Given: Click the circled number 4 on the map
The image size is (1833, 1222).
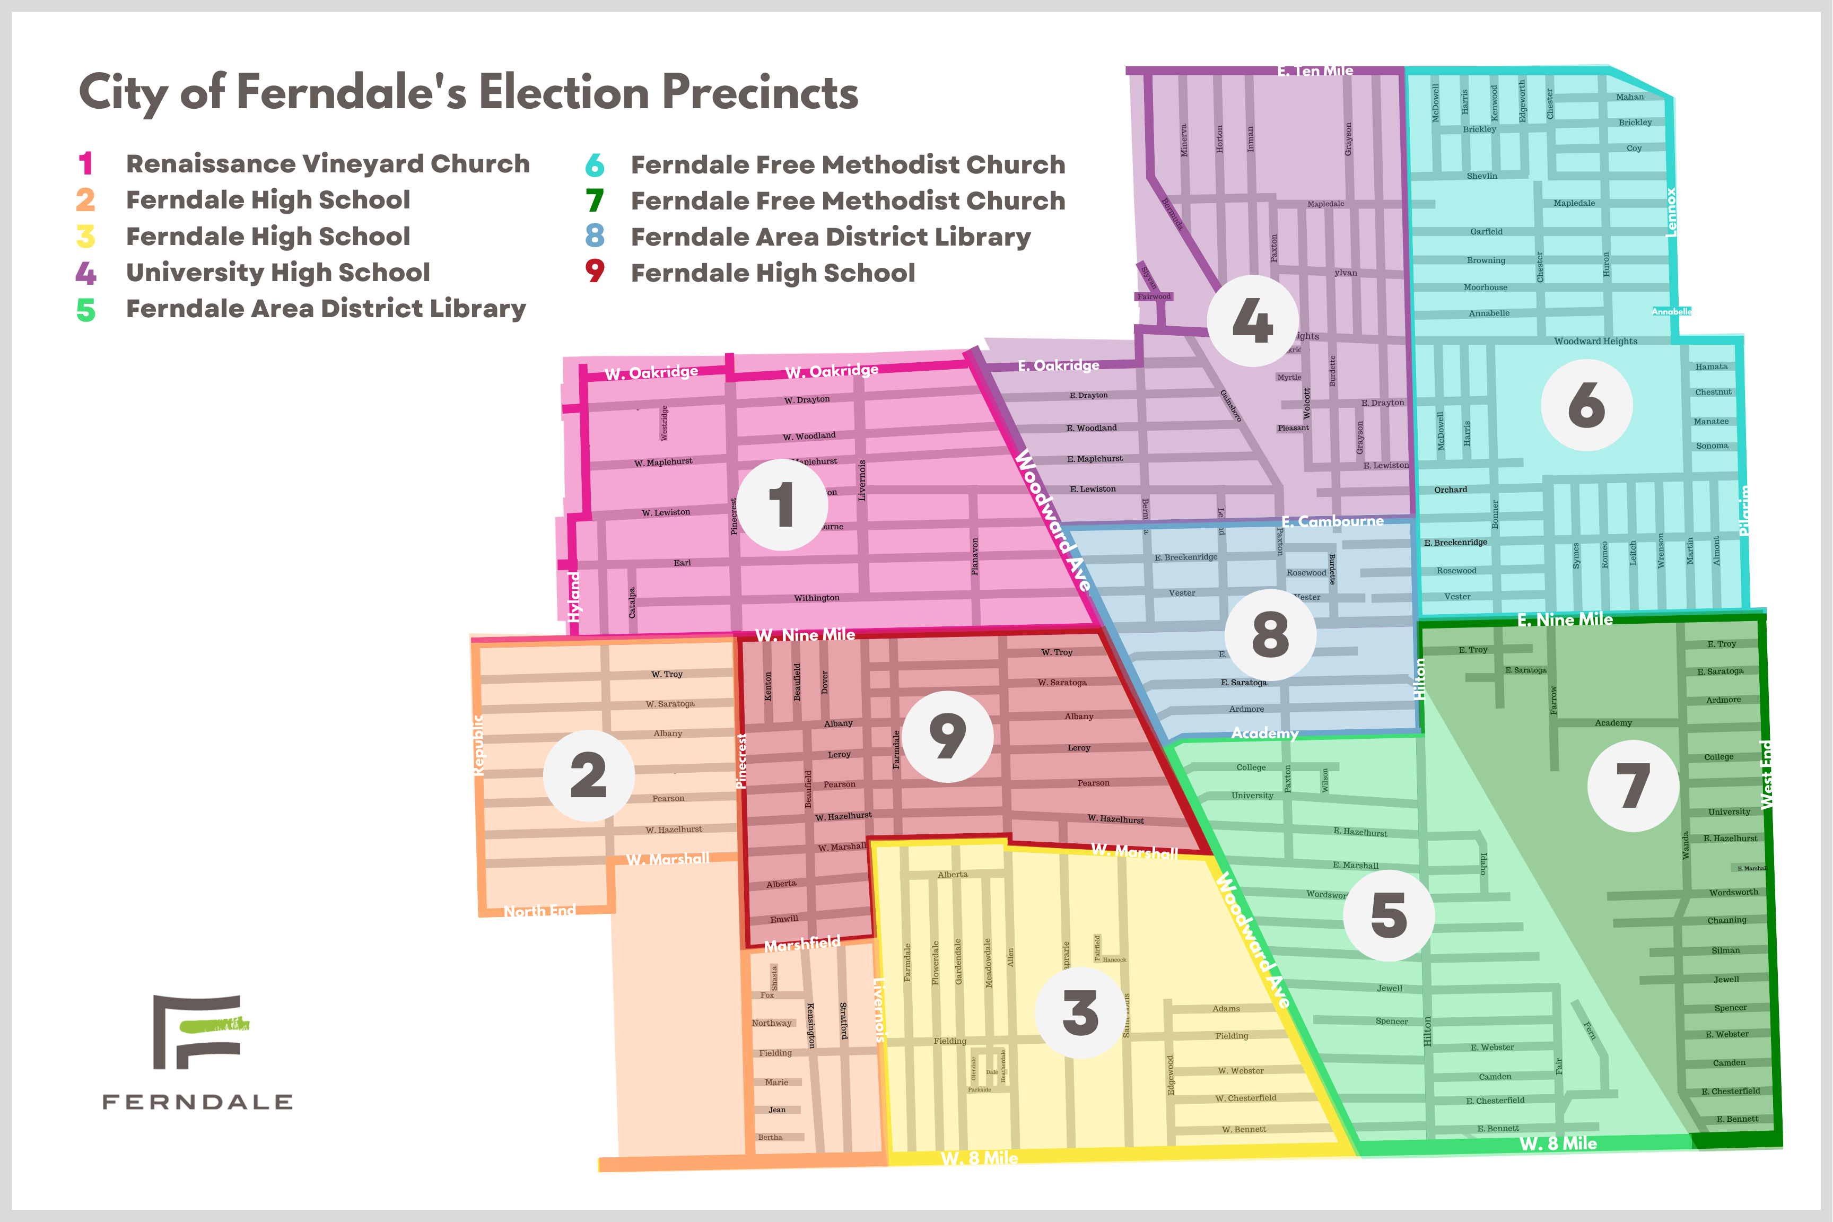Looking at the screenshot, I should [x=1252, y=320].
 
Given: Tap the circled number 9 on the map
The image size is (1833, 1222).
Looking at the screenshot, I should [x=947, y=737].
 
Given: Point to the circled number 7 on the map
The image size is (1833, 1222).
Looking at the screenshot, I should [x=1633, y=785].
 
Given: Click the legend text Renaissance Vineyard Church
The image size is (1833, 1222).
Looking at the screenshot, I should [x=327, y=164].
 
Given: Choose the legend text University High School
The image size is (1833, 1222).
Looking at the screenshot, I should [x=277, y=272].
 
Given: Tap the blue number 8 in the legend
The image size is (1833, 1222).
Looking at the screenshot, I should [x=595, y=235].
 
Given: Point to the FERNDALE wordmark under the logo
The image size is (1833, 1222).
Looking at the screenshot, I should [x=198, y=1101].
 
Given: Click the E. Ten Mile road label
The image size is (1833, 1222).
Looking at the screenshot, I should [x=1315, y=71].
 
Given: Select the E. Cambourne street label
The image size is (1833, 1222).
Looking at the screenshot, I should [x=1333, y=521].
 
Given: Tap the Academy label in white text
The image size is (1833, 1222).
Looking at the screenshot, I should [x=1264, y=734].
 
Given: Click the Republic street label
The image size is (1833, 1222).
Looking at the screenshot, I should [x=478, y=744].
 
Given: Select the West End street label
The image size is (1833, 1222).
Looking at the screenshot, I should [x=1767, y=775].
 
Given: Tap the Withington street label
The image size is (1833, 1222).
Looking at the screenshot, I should [x=817, y=598].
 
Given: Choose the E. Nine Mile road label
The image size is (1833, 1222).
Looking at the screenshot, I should [x=1565, y=619].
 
